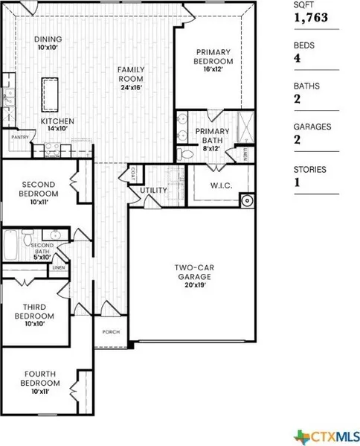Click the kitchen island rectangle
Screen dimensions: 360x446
tap(50, 95)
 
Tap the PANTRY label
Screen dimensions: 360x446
tap(20, 137)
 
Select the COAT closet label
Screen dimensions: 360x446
tap(133, 173)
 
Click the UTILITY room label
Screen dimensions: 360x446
tap(153, 191)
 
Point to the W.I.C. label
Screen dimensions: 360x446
tap(222, 185)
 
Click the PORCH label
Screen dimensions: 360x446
tap(111, 332)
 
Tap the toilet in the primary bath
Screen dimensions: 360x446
tap(185, 154)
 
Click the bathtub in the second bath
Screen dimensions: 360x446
tap(10, 245)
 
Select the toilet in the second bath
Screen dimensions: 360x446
tap(28, 238)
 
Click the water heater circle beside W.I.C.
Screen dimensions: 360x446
tap(247, 201)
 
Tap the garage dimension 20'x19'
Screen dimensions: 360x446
tap(195, 285)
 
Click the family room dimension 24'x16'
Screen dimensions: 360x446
tap(131, 87)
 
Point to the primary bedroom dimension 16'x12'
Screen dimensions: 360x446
tap(213, 69)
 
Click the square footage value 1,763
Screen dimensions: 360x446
tap(311, 18)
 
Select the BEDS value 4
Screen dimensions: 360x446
tap(298, 58)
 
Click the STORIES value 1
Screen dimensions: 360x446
tap(297, 182)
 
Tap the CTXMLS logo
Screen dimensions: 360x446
tap(327, 436)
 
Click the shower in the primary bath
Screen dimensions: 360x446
tap(245, 127)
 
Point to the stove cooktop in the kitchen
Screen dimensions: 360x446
tap(53, 150)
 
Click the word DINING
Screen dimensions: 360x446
tap(48, 39)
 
